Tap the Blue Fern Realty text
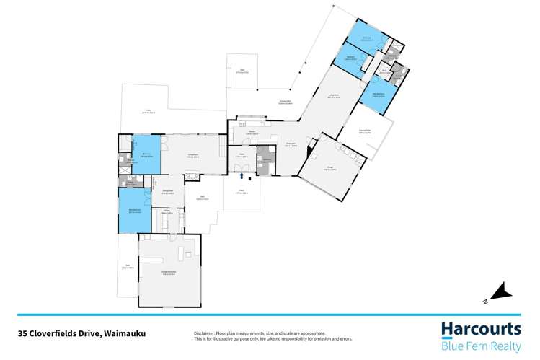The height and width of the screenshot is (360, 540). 481,345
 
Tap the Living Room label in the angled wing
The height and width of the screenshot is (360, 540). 333,98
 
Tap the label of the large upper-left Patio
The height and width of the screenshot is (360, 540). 146,110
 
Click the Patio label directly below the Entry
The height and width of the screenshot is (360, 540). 241,192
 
